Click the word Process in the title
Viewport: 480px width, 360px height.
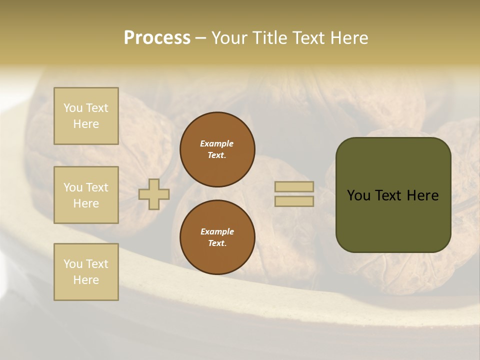[x=157, y=38]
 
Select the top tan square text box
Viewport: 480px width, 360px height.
[x=86, y=116]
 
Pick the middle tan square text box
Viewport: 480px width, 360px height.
[x=86, y=195]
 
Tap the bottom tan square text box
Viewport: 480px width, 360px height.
[x=86, y=272]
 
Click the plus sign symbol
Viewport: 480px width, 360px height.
[x=154, y=194]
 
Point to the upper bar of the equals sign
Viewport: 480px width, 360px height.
[x=294, y=186]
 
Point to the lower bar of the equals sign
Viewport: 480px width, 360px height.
[x=294, y=201]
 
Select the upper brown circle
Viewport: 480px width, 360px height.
[x=217, y=149]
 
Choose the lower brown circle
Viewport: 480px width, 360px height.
[x=217, y=237]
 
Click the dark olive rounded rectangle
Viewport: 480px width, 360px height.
[x=393, y=195]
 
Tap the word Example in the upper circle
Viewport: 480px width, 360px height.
[x=217, y=143]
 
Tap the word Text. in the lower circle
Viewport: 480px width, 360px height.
[x=217, y=243]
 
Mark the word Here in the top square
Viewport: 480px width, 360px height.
[x=86, y=124]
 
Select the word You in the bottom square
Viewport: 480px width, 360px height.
[x=73, y=264]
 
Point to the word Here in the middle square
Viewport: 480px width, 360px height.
[x=86, y=203]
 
